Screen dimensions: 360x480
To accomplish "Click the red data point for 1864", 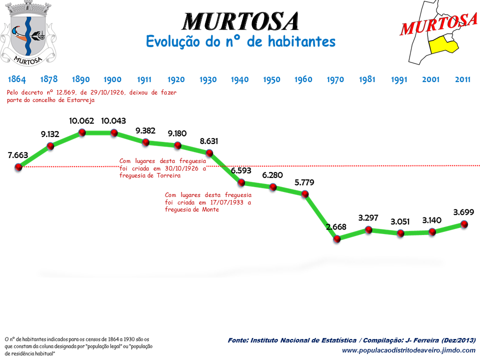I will click(x=18, y=167).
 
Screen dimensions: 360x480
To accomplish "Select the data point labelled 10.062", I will click(x=82, y=132).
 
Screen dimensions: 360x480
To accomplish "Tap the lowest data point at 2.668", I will click(x=336, y=239).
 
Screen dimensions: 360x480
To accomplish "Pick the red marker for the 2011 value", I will click(x=464, y=224).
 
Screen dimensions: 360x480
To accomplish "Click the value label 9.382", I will click(x=145, y=130).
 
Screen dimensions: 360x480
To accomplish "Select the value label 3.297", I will click(x=368, y=218).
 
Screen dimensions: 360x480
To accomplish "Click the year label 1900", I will click(x=112, y=79).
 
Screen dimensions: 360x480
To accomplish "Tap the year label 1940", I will click(x=240, y=79).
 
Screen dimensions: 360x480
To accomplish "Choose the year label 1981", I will click(x=367, y=79).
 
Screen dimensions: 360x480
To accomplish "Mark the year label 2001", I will click(x=431, y=79).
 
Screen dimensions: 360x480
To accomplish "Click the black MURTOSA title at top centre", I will click(x=240, y=21).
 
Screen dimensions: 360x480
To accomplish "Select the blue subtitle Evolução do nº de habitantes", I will click(x=240, y=41).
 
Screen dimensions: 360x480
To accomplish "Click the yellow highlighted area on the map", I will click(x=443, y=44).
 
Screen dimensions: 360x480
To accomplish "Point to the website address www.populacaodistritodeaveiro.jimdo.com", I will click(x=408, y=350).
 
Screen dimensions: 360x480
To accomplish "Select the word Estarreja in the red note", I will click(x=79, y=100).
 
